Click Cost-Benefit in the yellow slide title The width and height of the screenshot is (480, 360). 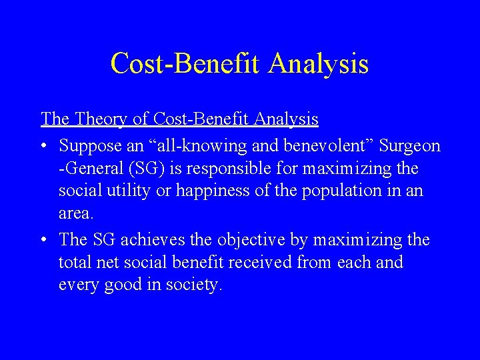click(x=186, y=64)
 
